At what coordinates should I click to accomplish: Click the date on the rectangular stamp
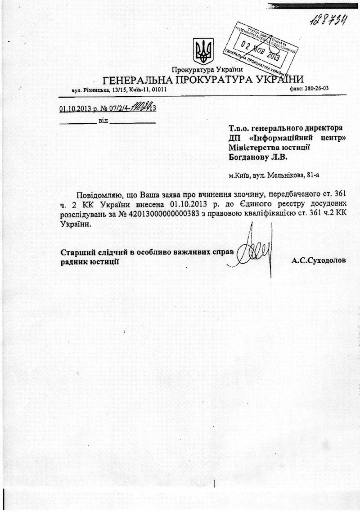coord(261,50)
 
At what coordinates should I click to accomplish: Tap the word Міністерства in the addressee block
coord(254,147)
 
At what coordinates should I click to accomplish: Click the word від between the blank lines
coord(103,122)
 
